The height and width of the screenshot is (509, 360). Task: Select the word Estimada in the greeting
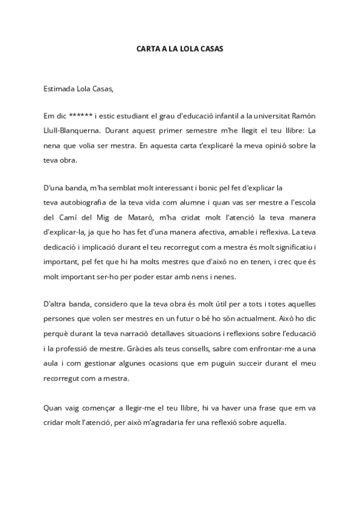tap(58, 89)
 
